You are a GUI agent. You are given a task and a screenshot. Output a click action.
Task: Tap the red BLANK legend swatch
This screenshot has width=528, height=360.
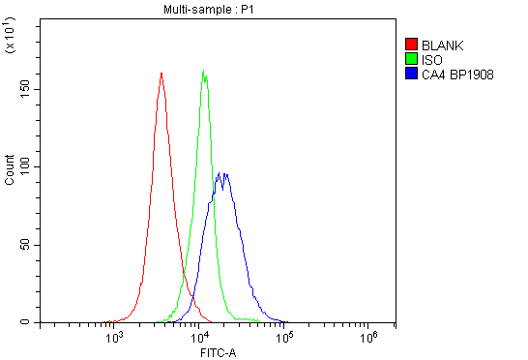[411, 44]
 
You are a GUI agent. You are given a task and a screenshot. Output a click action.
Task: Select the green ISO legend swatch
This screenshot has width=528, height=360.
[411, 58]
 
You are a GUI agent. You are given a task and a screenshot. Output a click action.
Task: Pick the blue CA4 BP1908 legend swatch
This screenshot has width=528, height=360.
[411, 73]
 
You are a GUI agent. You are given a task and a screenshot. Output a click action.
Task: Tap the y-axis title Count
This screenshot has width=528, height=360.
[10, 171]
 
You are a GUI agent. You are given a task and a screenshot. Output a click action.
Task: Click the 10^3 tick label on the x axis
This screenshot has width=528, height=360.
[116, 337]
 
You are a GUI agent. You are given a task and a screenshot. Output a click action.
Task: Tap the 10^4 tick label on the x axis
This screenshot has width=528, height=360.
[200, 337]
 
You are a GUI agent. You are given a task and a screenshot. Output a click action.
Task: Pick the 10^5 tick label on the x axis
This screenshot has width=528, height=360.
[284, 337]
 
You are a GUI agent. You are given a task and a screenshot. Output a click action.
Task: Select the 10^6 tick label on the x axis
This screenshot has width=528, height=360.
[368, 337]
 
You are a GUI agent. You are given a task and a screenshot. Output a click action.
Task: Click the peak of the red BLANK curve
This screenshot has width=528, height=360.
[161, 73]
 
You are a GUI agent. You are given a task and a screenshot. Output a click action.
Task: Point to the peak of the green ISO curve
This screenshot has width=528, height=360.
[204, 70]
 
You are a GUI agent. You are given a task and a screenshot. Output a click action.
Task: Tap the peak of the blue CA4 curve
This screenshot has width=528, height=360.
[222, 173]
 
